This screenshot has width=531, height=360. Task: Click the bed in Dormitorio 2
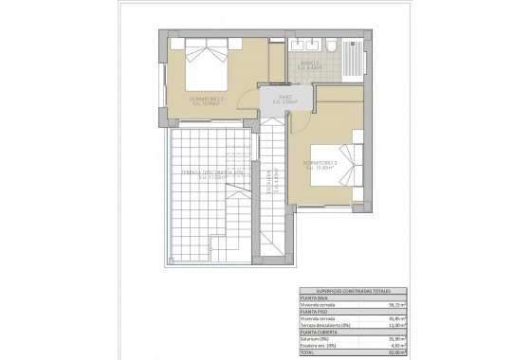[x=206, y=66]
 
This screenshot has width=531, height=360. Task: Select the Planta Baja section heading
[x=313, y=298]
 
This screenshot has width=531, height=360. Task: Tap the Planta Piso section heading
[x=313, y=312]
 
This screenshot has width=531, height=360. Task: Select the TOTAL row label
[x=307, y=352]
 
